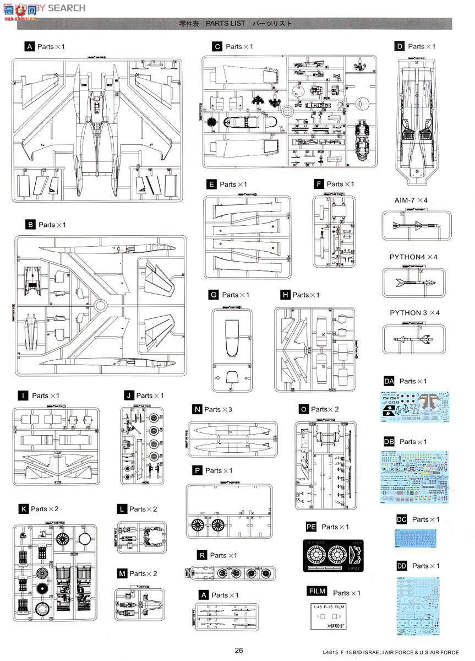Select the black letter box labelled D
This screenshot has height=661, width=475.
click(400, 47)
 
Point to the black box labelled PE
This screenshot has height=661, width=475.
click(311, 527)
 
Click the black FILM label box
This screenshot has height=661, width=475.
click(317, 592)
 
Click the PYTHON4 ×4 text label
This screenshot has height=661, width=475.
click(413, 257)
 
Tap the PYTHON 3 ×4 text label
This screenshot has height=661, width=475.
click(415, 313)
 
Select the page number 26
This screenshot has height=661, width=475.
click(238, 650)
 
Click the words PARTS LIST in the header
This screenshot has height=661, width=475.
click(225, 24)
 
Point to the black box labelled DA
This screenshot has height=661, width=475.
click(389, 381)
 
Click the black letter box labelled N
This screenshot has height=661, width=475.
click(196, 409)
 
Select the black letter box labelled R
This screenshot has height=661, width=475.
click(203, 555)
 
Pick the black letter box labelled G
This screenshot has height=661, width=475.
click(214, 295)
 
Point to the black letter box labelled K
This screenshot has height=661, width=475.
click(24, 509)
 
